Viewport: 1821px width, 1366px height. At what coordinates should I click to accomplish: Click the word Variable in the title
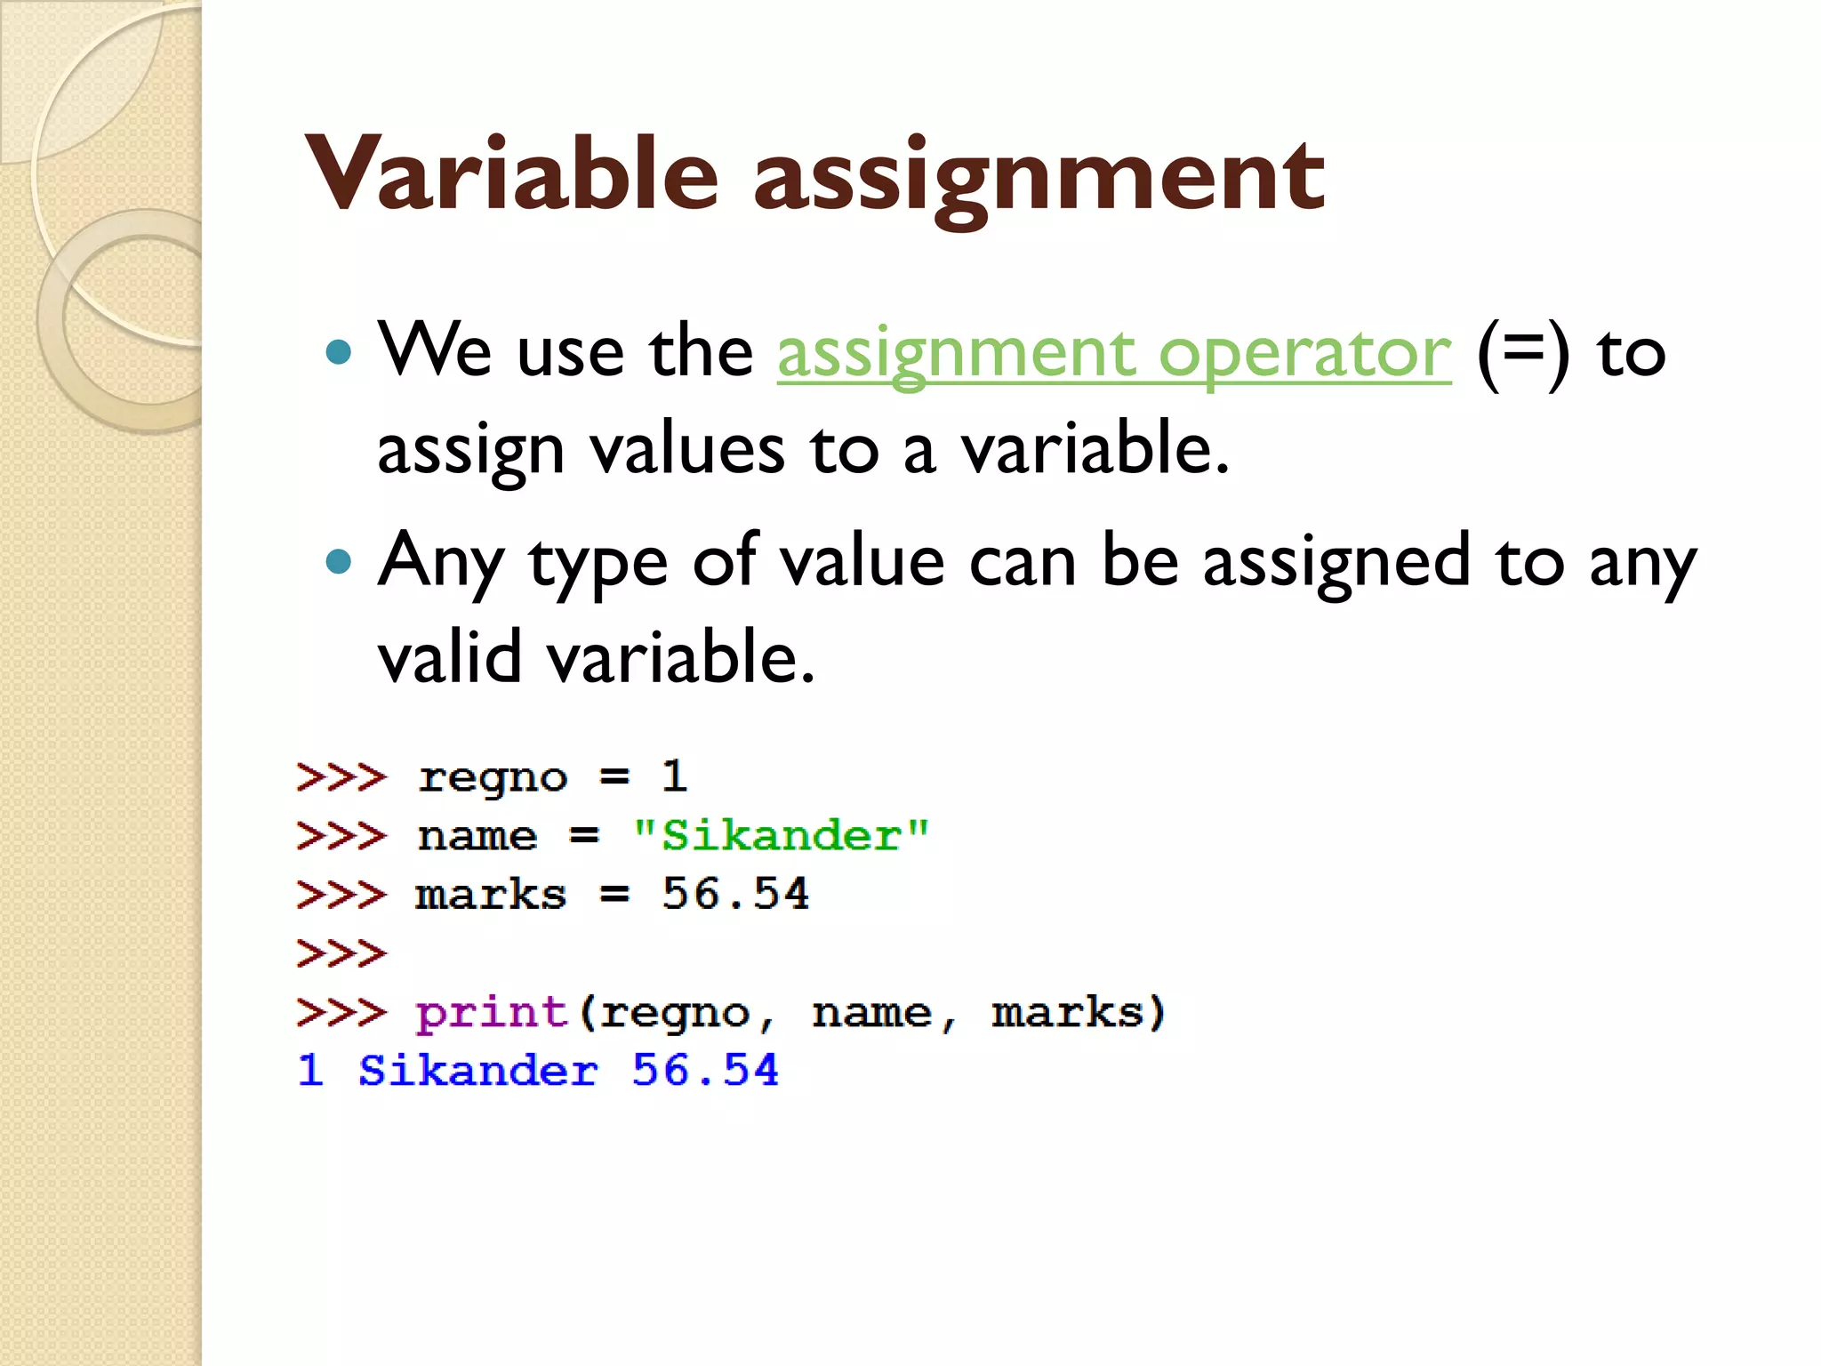coord(511,174)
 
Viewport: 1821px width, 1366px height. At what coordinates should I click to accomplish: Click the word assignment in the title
coord(1039,176)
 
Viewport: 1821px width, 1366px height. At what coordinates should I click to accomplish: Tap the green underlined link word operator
coord(1304,353)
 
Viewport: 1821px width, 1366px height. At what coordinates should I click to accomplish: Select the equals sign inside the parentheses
coord(1523,351)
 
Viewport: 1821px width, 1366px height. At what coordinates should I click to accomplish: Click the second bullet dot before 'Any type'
coord(339,561)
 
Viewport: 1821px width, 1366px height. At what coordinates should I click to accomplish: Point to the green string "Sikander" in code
coord(781,836)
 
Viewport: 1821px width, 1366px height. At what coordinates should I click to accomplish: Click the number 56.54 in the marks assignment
coord(735,894)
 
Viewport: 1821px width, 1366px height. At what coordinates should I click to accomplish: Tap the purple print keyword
coord(492,1013)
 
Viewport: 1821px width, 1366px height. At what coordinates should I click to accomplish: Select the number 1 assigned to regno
coord(674,776)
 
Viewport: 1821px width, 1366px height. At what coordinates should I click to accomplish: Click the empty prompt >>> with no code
coord(341,953)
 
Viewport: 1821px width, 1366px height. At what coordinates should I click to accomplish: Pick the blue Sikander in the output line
coord(477,1070)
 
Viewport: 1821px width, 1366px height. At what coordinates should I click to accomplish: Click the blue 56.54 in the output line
coord(705,1070)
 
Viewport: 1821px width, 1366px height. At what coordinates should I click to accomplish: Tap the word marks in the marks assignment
coord(491,895)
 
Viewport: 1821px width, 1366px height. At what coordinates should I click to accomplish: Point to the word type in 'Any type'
coord(598,563)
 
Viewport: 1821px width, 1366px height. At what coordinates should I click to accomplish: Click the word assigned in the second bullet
coord(1336,563)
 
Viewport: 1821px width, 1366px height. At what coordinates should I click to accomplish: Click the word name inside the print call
coord(871,1013)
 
